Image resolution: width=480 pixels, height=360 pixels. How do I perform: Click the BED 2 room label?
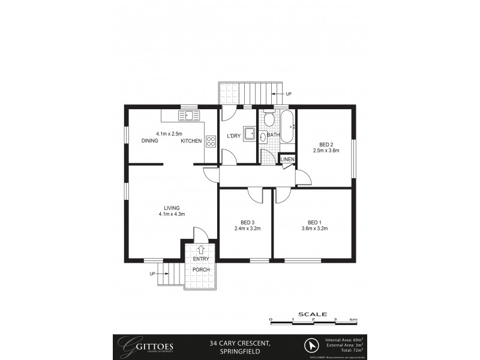[x=326, y=144]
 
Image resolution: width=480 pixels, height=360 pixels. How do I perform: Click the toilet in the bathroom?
[x=269, y=119]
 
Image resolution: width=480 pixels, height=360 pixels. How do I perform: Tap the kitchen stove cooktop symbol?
[x=211, y=142]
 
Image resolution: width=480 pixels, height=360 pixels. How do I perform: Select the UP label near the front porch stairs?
[x=152, y=274]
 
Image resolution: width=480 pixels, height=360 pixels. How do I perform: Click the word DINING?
[x=150, y=141]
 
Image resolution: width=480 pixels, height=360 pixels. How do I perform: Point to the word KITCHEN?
[x=191, y=141]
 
